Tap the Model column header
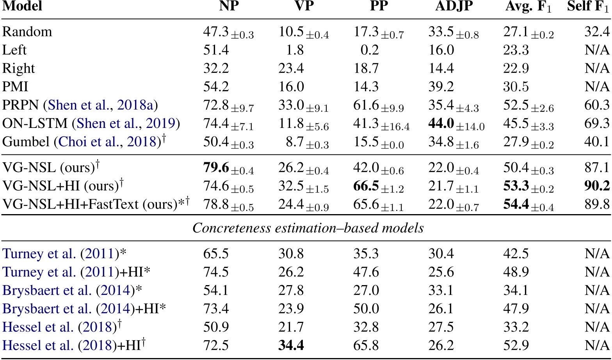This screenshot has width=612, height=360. pos(22,7)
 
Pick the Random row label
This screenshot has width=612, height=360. pos(27,32)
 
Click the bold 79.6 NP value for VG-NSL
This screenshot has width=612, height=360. pos(216,168)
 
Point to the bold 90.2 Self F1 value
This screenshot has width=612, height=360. pos(597,186)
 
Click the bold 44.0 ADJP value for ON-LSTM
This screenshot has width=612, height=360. pos(441,124)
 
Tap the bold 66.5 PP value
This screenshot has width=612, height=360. pos(366,186)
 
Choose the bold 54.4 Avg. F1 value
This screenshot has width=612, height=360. pos(516,204)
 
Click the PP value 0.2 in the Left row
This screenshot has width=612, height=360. pos(369,50)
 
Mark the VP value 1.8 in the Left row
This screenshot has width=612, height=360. pos(295,50)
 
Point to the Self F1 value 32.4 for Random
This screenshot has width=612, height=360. pos(597,32)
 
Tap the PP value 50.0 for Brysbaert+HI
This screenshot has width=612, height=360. pos(366,309)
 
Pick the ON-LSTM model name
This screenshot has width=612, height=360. pos(35,124)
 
